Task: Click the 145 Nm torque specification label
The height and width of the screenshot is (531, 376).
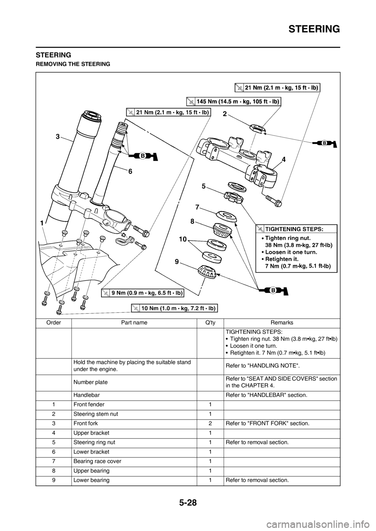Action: click(233, 101)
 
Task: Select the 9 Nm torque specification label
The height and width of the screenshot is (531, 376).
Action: click(143, 292)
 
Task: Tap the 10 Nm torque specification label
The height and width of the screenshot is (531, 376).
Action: click(174, 308)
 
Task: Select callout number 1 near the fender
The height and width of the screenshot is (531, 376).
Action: click(41, 222)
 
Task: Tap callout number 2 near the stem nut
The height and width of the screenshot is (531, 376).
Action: click(225, 114)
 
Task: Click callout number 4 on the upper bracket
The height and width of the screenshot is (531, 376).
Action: click(283, 160)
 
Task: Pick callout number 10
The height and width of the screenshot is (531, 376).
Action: click(182, 242)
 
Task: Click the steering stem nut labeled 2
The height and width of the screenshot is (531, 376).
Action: click(258, 128)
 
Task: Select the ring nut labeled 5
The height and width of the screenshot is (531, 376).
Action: click(233, 197)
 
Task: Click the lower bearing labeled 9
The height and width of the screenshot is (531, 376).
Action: click(208, 271)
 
